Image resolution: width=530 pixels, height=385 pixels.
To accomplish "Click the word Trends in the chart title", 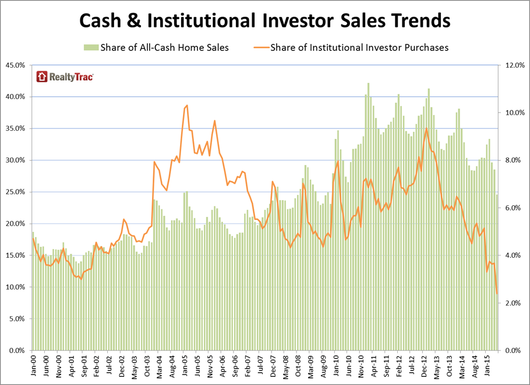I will click(x=416, y=21).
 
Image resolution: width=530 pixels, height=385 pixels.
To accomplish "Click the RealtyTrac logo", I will click(x=65, y=76).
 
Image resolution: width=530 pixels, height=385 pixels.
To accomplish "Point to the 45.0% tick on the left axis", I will click(x=15, y=65).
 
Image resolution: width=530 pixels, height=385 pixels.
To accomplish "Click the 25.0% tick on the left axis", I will click(x=15, y=192).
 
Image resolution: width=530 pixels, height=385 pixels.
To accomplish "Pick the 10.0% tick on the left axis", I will click(x=15, y=287).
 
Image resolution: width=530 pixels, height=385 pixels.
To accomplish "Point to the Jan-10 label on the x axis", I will click(x=337, y=367).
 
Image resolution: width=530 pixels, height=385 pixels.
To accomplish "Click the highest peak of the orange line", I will click(x=186, y=106).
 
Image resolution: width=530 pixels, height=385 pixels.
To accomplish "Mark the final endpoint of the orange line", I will click(x=497, y=293).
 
